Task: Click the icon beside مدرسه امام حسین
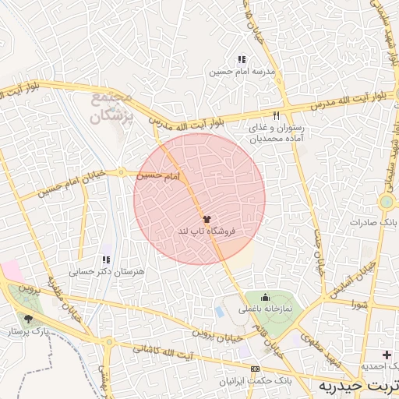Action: coord(242,59)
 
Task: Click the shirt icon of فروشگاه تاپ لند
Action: coord(207,220)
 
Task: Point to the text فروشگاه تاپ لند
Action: coord(207,232)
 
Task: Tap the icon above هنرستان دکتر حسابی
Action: coord(106,260)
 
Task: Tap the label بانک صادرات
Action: coord(373,222)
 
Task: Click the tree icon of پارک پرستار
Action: coord(29,319)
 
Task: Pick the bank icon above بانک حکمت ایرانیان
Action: coord(255,369)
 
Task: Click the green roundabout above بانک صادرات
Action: coord(385,202)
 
